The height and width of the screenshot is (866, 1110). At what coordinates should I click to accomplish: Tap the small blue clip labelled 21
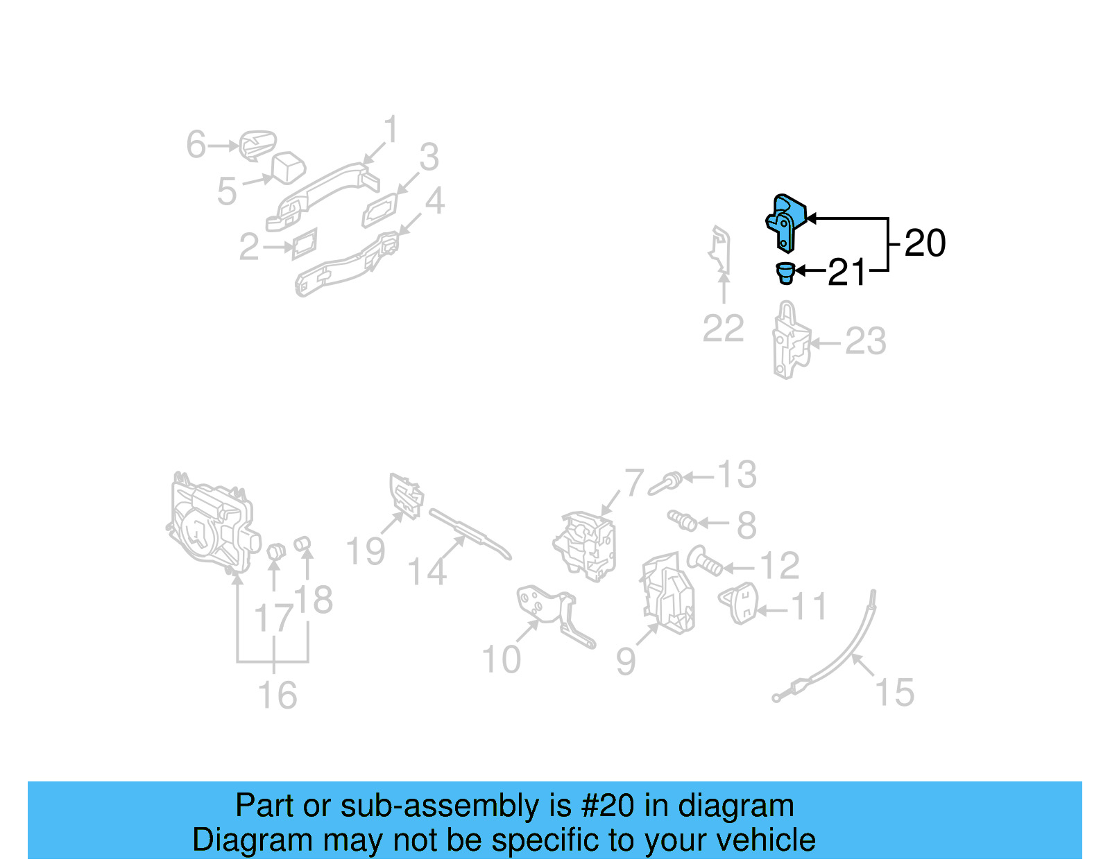(785, 272)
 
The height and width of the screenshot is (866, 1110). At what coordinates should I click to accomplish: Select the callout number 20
(925, 243)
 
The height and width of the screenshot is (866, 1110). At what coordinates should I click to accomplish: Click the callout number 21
(847, 272)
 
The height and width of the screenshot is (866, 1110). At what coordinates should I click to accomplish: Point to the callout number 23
(865, 342)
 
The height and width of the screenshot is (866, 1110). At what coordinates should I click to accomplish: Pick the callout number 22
(723, 329)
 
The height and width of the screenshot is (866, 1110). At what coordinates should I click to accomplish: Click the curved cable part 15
(846, 652)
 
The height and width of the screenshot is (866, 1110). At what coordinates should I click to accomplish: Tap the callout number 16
(277, 695)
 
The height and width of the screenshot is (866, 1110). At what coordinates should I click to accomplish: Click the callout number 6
(196, 145)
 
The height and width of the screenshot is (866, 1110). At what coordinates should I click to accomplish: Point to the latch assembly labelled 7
(585, 544)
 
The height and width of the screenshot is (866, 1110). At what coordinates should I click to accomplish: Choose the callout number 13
(736, 476)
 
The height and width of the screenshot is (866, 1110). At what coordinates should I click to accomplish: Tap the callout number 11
(809, 607)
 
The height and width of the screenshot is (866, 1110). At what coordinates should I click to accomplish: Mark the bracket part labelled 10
(555, 614)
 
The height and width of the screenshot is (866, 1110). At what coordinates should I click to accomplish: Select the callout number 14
(427, 573)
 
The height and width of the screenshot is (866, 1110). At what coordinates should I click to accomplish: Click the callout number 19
(366, 552)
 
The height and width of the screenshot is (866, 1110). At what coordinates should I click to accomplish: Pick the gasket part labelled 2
(305, 243)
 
